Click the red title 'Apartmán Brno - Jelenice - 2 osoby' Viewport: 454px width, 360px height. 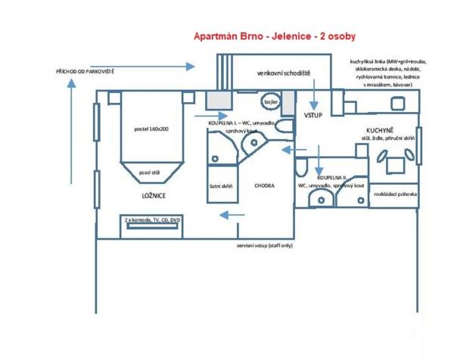[275, 36]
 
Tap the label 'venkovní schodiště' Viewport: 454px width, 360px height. [283, 73]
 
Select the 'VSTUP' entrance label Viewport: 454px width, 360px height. [313, 116]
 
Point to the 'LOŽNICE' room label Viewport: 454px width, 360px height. [154, 195]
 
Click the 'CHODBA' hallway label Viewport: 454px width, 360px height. [264, 185]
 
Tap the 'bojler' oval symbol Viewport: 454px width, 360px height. [269, 101]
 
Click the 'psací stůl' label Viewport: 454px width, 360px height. [151, 172]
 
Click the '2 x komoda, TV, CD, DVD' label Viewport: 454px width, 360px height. [152, 220]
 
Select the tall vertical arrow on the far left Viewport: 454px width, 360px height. [71, 132]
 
